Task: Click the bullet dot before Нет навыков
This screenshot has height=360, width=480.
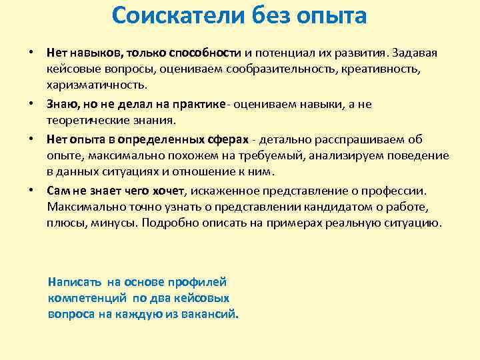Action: click(31, 52)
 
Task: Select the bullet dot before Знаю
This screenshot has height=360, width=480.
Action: click(31, 104)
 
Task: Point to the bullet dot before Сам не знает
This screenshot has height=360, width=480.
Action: click(31, 189)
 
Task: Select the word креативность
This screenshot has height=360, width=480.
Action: click(395, 69)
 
